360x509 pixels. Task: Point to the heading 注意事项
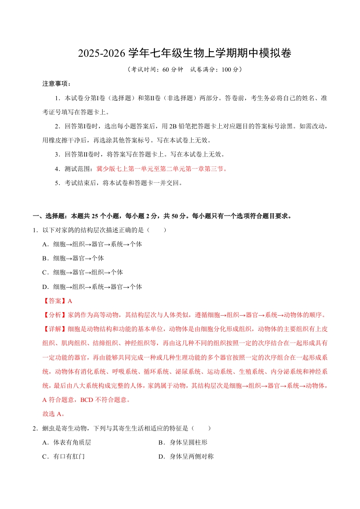click(56, 84)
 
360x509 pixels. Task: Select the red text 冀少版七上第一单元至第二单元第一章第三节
click(161, 169)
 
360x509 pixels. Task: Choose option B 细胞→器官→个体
click(73, 258)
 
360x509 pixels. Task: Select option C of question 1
click(82, 272)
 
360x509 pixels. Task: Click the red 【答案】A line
click(57, 301)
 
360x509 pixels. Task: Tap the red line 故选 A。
click(53, 414)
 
